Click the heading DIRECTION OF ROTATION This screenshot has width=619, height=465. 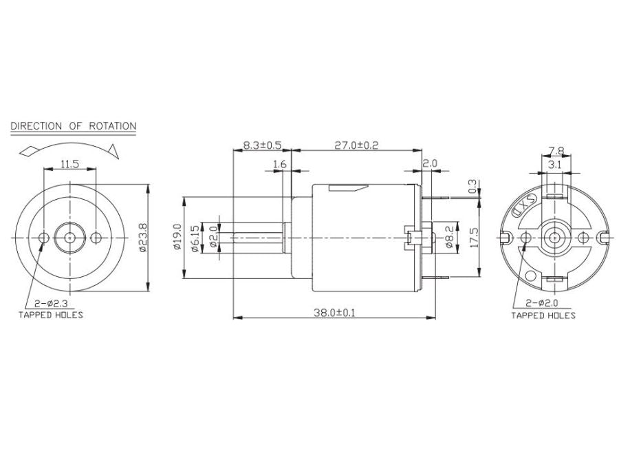[74, 127]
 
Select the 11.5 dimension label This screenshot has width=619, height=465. [69, 164]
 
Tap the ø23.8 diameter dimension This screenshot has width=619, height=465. [142, 238]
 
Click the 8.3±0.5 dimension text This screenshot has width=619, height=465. [262, 145]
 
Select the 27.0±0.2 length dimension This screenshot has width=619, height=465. [356, 145]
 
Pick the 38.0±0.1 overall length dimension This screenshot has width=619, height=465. [334, 312]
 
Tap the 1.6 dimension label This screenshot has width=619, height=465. [279, 164]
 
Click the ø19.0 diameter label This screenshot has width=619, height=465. [177, 237]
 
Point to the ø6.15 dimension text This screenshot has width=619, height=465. [195, 238]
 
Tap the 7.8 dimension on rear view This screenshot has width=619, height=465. [557, 151]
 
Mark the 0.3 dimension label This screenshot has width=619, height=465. [473, 186]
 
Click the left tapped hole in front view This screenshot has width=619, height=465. [44, 238]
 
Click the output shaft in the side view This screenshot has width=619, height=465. [257, 238]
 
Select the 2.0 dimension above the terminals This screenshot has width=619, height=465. [430, 164]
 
